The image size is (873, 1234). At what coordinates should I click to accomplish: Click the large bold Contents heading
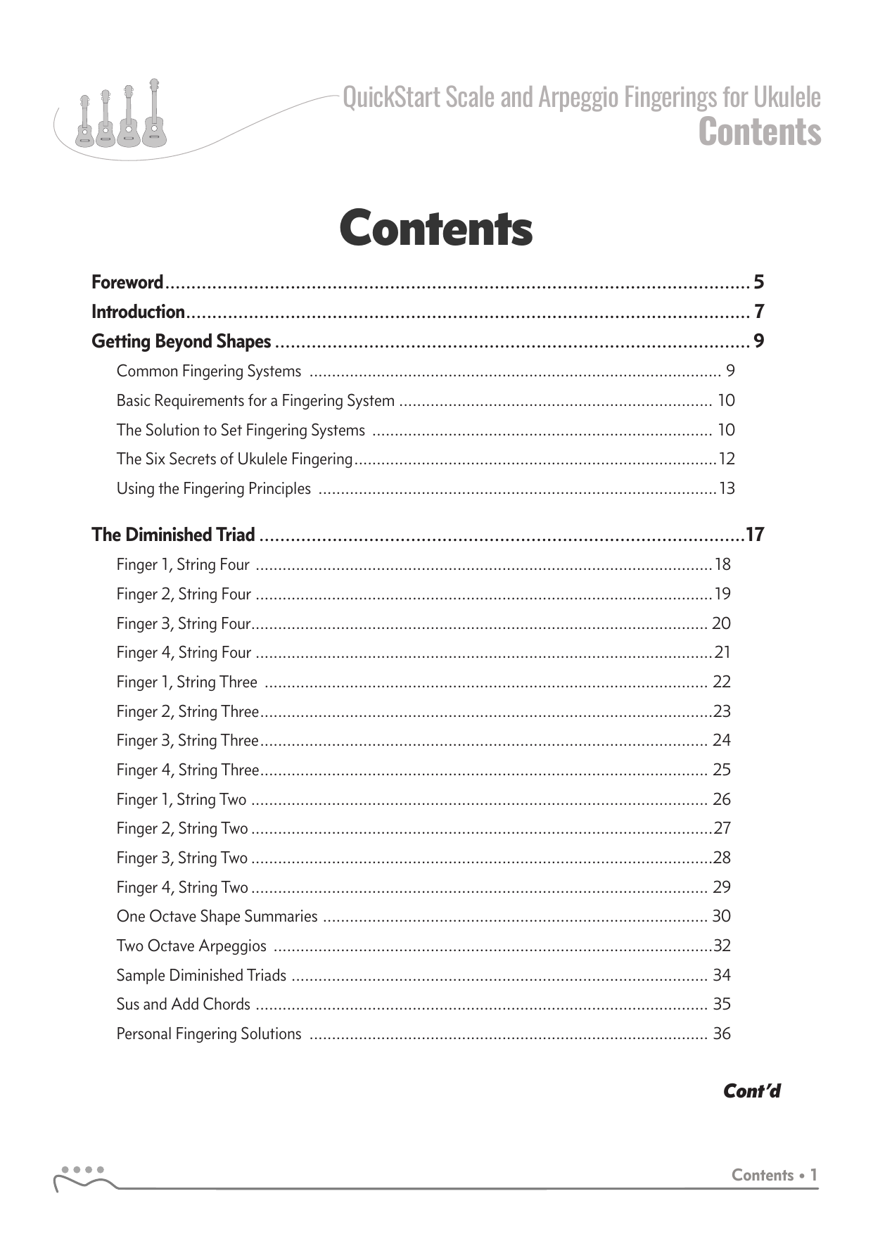[435, 229]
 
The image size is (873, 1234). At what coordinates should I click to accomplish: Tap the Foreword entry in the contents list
[127, 283]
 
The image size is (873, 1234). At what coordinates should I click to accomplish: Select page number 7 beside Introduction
[758, 312]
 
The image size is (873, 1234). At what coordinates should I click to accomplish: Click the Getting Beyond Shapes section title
[181, 341]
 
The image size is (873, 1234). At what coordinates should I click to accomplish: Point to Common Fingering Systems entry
[209, 371]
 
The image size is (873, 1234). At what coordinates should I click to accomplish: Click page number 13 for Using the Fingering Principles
[727, 488]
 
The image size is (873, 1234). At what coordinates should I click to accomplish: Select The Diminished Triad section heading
[173, 535]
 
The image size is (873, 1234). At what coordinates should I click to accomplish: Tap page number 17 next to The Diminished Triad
[755, 535]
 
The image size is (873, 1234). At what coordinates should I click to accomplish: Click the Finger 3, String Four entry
[183, 623]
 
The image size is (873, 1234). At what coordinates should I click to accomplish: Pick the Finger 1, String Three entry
[186, 682]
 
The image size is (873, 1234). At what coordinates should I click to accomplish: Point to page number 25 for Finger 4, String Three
[722, 770]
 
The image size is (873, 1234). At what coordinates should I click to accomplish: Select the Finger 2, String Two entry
[182, 829]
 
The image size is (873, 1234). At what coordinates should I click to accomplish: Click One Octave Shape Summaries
[217, 917]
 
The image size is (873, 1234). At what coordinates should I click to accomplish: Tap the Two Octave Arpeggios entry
[191, 946]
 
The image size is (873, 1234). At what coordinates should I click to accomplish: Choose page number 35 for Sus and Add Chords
[722, 1004]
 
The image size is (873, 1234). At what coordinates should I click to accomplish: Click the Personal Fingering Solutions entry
[209, 1033]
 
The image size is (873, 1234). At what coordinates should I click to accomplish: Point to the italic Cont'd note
[752, 1091]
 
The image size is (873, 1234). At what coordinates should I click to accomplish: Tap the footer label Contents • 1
[774, 1175]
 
